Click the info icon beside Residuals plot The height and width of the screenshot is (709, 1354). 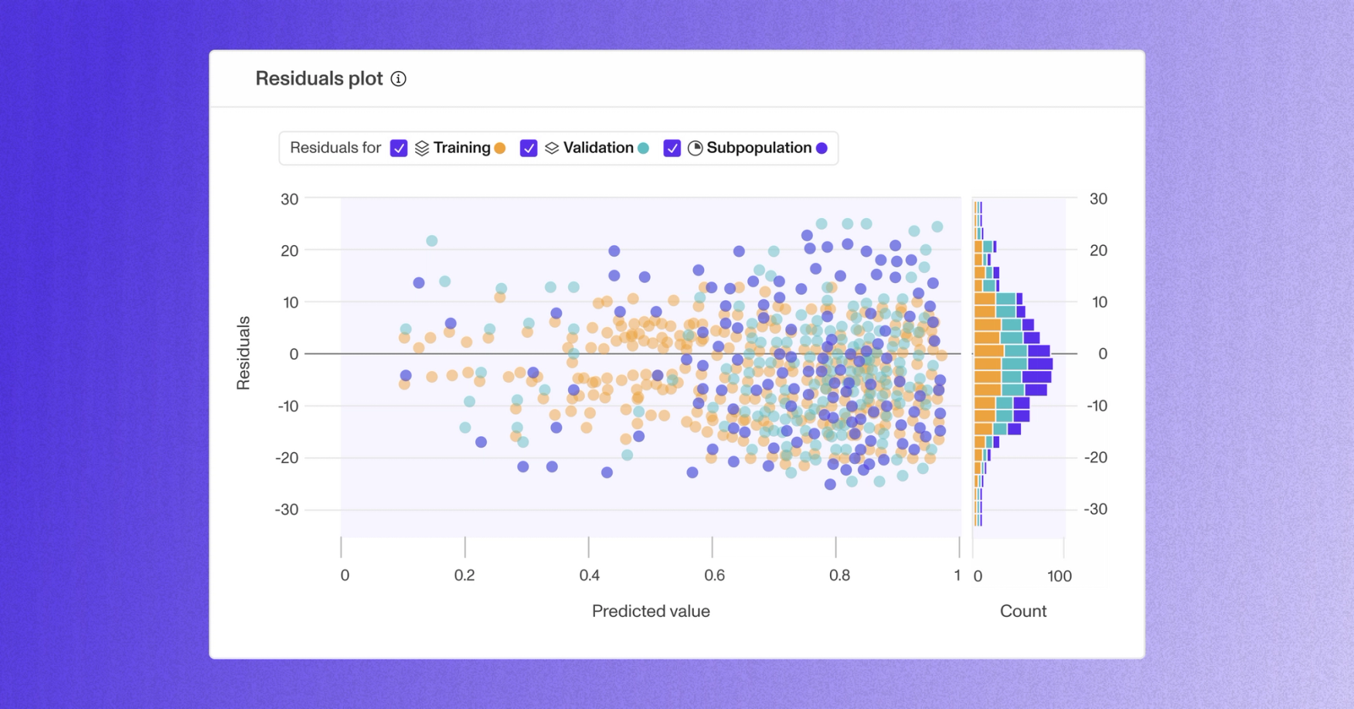pos(398,79)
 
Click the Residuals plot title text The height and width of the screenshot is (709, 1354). pos(318,79)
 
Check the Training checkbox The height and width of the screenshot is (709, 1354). pos(399,148)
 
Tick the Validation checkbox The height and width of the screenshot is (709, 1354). pos(529,148)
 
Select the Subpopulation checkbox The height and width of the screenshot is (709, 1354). pos(672,148)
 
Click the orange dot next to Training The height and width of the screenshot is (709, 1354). pos(500,148)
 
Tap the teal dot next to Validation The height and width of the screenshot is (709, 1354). pos(643,148)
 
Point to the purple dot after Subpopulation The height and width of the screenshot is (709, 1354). pos(822,148)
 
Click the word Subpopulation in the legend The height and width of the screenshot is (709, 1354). pos(758,148)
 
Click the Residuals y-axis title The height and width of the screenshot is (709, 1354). pos(243,353)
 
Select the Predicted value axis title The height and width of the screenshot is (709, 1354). pos(651,611)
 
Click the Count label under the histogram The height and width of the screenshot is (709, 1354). pos(1022,611)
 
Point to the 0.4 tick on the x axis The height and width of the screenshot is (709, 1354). pos(589,575)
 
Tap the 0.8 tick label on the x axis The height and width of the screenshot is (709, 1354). pos(839,575)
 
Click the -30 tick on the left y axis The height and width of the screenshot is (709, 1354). pos(287,510)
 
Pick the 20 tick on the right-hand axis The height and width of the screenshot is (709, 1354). pos(1098,251)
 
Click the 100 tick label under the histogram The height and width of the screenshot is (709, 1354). pos(1059,576)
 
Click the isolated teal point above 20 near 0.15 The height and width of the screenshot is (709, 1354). pos(432,241)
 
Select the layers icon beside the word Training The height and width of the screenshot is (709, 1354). pos(422,148)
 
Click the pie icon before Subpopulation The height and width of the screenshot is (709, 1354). pos(695,148)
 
